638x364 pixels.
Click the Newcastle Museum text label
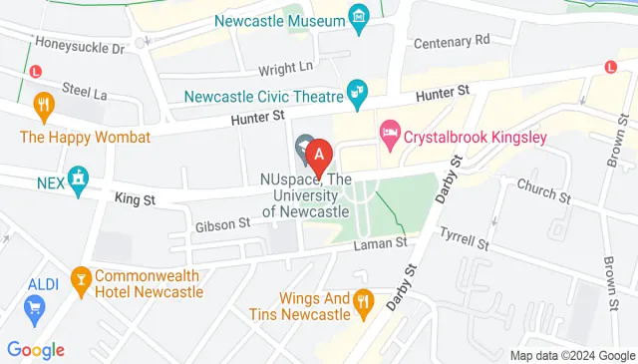pos(278,18)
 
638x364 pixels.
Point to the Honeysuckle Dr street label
pos(79,46)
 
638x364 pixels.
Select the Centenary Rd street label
pos(454,40)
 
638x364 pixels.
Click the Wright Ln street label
pos(286,69)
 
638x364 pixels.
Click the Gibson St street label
pos(223,224)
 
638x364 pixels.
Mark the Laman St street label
pos(384,242)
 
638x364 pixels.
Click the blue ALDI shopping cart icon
pos(38,309)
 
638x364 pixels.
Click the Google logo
pos(36,349)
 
